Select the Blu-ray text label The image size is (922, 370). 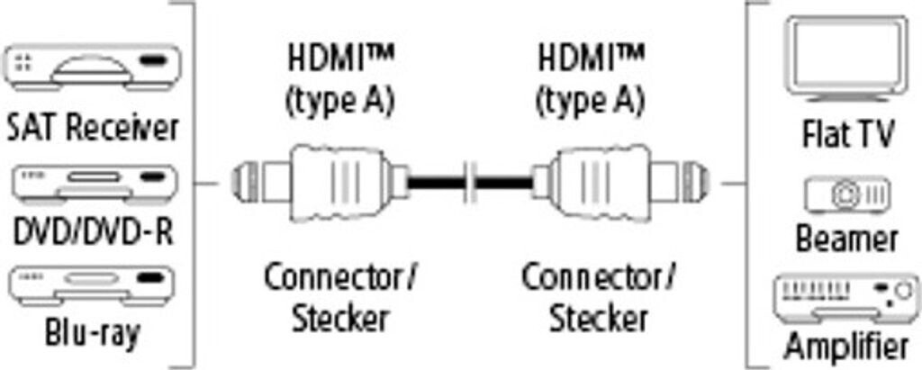(x=93, y=336)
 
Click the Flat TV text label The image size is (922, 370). (x=847, y=136)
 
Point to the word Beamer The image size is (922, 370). (x=847, y=239)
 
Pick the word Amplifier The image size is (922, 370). (x=846, y=347)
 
